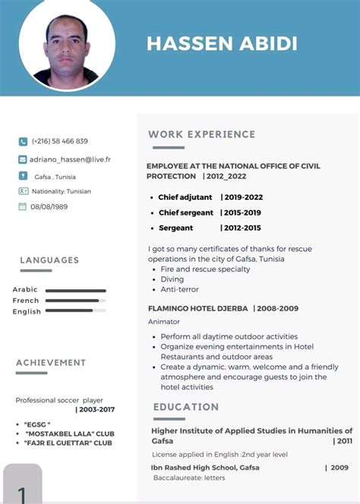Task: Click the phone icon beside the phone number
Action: click(x=23, y=141)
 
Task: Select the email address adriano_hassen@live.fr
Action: click(x=70, y=159)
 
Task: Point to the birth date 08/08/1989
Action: click(x=49, y=206)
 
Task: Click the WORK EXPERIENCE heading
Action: click(x=201, y=134)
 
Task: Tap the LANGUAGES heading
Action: click(x=49, y=260)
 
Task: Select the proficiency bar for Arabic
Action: click(x=75, y=290)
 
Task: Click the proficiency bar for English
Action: click(x=75, y=310)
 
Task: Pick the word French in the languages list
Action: click(x=26, y=301)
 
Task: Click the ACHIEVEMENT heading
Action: click(x=51, y=363)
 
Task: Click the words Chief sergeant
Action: click(x=186, y=213)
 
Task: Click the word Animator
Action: click(x=164, y=321)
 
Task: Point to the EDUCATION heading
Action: click(x=186, y=407)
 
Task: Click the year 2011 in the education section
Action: click(x=344, y=440)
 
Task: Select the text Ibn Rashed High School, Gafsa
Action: click(x=205, y=468)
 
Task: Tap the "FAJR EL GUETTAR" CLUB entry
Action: click(x=68, y=443)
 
